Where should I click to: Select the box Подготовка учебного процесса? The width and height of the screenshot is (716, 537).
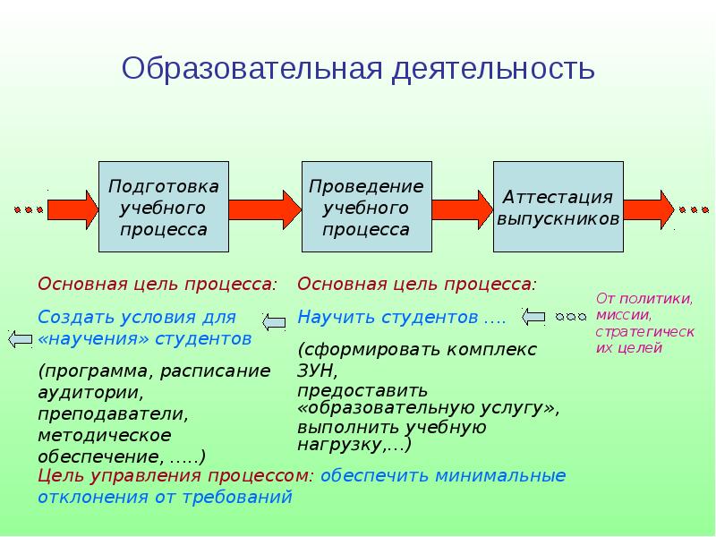(x=163, y=207)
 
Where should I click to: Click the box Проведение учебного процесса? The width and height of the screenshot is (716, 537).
(x=366, y=207)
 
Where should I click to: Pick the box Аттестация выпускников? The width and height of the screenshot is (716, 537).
(x=558, y=207)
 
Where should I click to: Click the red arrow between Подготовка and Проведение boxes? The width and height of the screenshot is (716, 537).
(x=265, y=209)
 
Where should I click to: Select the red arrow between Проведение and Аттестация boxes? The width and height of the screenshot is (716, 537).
(x=463, y=209)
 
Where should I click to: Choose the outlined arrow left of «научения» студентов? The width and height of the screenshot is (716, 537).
(x=20, y=338)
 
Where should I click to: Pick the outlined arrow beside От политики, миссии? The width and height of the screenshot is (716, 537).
(x=533, y=315)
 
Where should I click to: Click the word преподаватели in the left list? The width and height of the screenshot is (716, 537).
(x=113, y=414)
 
